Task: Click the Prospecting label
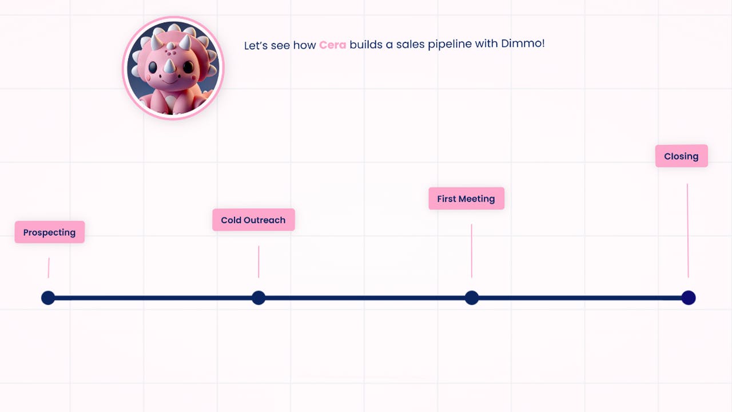pyautogui.click(x=50, y=232)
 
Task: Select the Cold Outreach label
pyautogui.click(x=253, y=220)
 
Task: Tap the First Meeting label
pyautogui.click(x=466, y=199)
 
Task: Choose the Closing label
pyautogui.click(x=682, y=156)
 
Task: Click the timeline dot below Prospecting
pyautogui.click(x=48, y=298)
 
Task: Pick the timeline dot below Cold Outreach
pyautogui.click(x=258, y=298)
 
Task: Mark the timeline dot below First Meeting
pyautogui.click(x=472, y=298)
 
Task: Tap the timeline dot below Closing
pyautogui.click(x=689, y=298)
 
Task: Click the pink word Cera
pyautogui.click(x=333, y=45)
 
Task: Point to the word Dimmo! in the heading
pyautogui.click(x=523, y=43)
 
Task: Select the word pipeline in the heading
pyautogui.click(x=449, y=44)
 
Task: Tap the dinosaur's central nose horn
pyautogui.click(x=169, y=66)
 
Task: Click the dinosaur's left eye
pyautogui.click(x=153, y=68)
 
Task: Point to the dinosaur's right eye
pyautogui.click(x=188, y=67)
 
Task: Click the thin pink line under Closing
pyautogui.click(x=687, y=231)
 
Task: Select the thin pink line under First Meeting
pyautogui.click(x=472, y=251)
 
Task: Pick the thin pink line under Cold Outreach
pyautogui.click(x=258, y=262)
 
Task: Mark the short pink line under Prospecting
pyautogui.click(x=49, y=268)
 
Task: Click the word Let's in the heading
pyautogui.click(x=256, y=45)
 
